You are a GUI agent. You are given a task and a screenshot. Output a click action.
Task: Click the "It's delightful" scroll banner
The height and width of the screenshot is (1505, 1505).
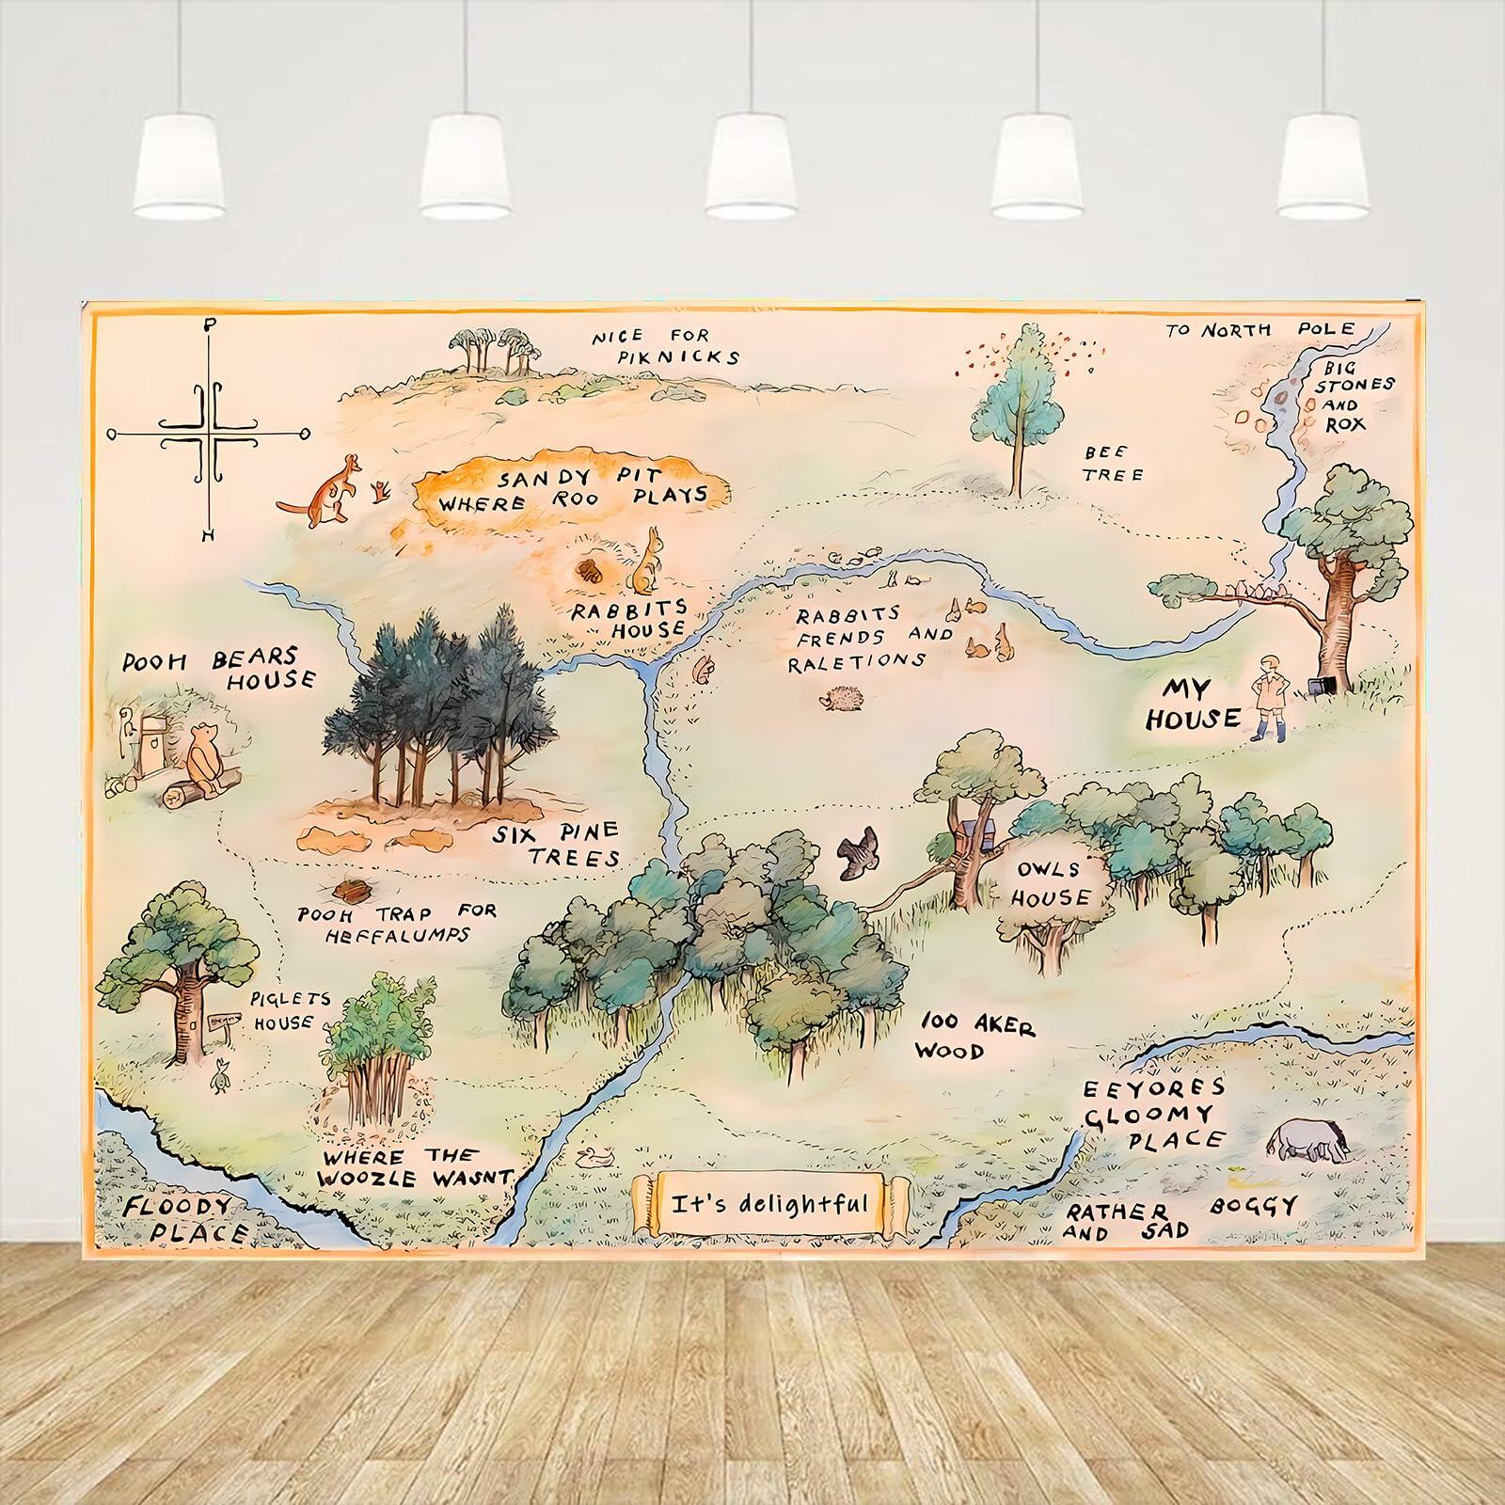(x=770, y=1204)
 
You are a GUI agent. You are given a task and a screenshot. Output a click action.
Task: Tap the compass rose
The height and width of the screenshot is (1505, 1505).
(x=209, y=434)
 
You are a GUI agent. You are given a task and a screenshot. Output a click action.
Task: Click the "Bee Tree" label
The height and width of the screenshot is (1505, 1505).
(x=1113, y=464)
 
